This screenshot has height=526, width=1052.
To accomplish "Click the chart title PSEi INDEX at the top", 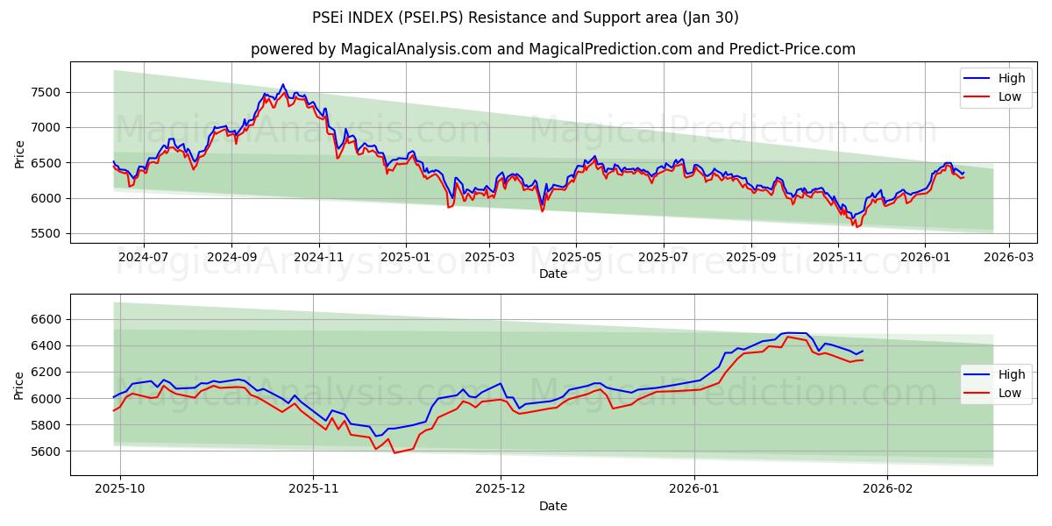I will click(x=525, y=18).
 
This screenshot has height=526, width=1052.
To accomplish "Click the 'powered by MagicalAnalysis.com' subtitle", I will click(x=552, y=49).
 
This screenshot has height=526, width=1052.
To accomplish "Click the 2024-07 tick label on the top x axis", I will click(x=143, y=258).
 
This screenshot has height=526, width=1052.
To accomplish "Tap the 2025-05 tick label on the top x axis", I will click(x=576, y=258).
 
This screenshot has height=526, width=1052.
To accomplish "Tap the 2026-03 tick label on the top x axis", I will click(x=1008, y=258).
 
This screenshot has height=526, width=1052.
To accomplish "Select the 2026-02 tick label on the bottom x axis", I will click(x=887, y=488).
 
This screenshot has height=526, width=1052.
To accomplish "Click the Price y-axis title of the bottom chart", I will click(x=20, y=386).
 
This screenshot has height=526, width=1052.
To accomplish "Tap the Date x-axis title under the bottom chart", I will click(x=552, y=506).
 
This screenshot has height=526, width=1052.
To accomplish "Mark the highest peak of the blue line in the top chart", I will click(x=282, y=84).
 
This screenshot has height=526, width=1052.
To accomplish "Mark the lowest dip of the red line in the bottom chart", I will click(x=394, y=453).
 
